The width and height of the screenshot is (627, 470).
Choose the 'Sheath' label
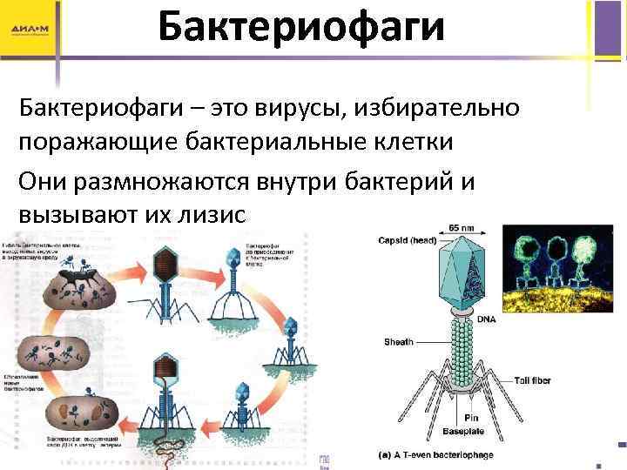pos(398,342)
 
